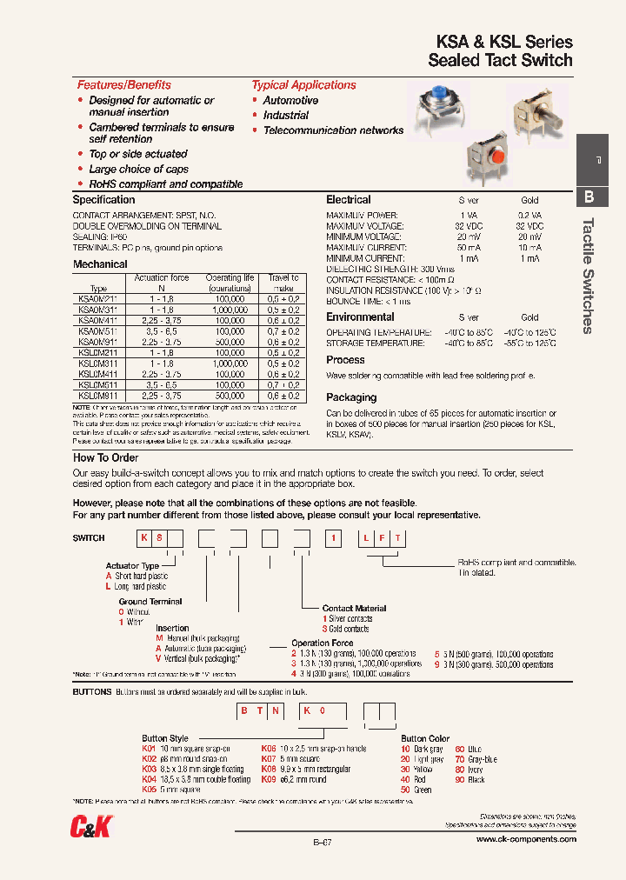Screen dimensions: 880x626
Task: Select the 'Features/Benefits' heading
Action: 123,85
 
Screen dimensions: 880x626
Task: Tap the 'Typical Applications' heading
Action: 303,85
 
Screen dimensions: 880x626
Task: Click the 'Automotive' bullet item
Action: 290,101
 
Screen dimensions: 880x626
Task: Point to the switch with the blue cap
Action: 443,109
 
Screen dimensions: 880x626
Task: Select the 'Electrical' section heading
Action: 348,200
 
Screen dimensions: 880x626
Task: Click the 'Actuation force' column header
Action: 161,278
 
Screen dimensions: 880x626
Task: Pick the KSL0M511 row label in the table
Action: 98,384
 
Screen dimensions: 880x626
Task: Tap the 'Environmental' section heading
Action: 360,317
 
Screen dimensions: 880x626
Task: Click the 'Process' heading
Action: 345,360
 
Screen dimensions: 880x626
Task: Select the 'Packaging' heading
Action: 351,397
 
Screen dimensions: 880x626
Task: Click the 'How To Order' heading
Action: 105,457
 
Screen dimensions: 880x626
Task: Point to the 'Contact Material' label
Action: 354,609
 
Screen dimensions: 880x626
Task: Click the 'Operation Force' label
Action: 323,643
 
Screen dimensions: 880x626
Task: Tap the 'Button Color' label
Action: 425,738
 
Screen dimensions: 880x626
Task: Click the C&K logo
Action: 91,827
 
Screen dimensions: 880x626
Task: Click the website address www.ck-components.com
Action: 526,839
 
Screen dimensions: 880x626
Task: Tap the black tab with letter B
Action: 589,197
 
